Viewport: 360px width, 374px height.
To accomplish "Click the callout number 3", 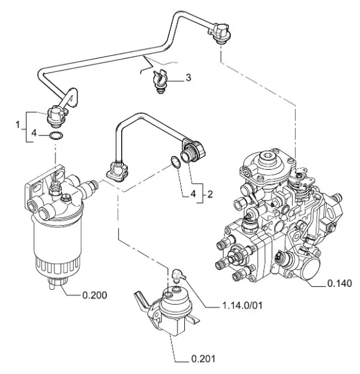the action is click(x=188, y=77).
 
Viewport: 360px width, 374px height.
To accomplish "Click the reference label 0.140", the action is click(x=340, y=284).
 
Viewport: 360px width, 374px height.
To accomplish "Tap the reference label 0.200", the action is click(x=95, y=295).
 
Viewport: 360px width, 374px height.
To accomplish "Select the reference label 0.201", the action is click(x=204, y=359).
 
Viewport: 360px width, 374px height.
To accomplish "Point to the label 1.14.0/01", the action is click(x=242, y=305).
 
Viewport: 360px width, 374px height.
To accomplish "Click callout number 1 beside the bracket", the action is click(x=18, y=124).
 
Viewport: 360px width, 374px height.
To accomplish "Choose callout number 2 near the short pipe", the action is click(x=210, y=194).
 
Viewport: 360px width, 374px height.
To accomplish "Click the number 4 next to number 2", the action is click(x=193, y=194).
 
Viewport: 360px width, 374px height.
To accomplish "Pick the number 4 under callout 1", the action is click(x=34, y=133).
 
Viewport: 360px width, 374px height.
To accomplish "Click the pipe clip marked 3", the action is click(x=160, y=80).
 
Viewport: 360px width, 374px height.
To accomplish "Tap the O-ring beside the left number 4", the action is click(x=56, y=136).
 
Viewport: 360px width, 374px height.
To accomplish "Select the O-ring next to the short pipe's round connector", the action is click(x=176, y=162).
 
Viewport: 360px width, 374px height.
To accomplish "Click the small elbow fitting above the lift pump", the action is click(x=179, y=275).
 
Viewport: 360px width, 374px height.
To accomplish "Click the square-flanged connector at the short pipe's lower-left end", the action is click(x=117, y=171).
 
